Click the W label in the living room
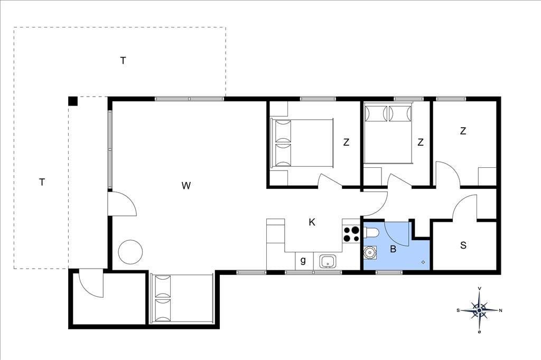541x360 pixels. click(186, 185)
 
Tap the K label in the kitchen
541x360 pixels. click(312, 222)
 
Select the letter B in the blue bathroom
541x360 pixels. click(393, 249)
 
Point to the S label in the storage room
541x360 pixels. click(463, 245)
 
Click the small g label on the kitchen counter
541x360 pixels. click(303, 260)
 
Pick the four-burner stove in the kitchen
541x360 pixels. click(351, 234)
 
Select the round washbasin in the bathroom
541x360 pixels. click(369, 252)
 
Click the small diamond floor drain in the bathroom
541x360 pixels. click(423, 262)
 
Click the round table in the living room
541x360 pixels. click(130, 252)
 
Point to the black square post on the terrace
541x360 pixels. click(73, 101)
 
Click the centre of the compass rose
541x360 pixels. click(480, 310)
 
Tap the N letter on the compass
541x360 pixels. click(501, 310)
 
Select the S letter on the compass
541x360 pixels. click(458, 310)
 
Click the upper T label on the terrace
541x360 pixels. click(123, 61)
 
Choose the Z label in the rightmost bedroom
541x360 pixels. click(463, 131)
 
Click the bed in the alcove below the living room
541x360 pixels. click(182, 299)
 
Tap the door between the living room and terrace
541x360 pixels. click(122, 204)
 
